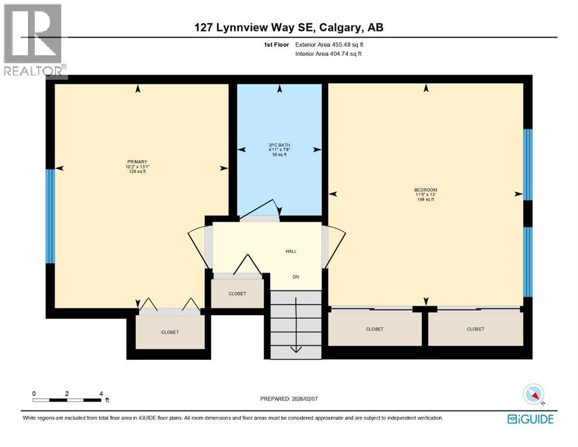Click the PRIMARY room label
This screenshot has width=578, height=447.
(x=137, y=162)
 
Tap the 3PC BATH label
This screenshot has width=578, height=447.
(x=279, y=146)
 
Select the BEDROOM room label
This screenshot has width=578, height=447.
(x=425, y=190)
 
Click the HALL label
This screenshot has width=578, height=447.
(x=291, y=251)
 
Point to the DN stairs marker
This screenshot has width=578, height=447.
(x=295, y=277)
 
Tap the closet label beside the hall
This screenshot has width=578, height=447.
(x=237, y=294)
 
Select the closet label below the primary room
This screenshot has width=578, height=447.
(x=170, y=332)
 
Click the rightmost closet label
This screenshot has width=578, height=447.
(x=475, y=329)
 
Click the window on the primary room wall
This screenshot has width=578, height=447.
(x=51, y=216)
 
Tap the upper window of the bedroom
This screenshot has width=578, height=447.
(x=527, y=164)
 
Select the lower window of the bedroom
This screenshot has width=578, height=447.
(x=527, y=261)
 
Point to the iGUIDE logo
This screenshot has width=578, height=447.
(x=530, y=419)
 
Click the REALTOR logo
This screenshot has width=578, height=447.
(x=34, y=40)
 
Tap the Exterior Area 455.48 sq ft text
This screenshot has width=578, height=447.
(x=329, y=44)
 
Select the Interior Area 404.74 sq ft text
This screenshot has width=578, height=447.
(x=328, y=54)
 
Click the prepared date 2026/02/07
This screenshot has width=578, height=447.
(x=289, y=399)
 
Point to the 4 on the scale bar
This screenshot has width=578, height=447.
(x=101, y=393)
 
